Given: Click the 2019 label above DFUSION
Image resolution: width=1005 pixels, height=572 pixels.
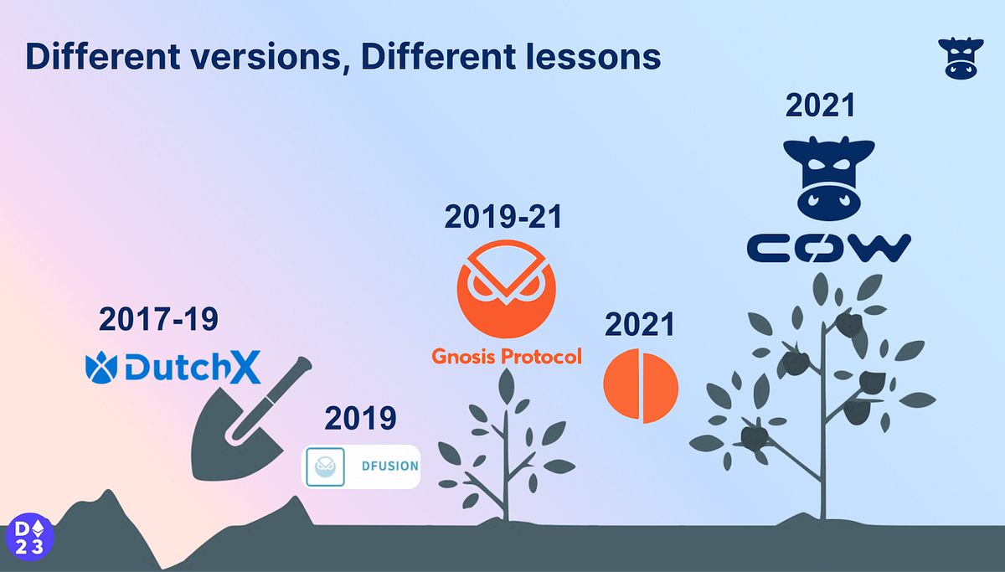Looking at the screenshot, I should [360, 418].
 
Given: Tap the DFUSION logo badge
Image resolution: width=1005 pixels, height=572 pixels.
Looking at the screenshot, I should [361, 466].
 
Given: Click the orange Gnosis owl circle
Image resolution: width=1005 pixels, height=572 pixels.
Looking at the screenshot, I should [506, 290].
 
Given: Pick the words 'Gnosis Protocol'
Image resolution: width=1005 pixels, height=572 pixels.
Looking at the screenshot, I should [506, 356].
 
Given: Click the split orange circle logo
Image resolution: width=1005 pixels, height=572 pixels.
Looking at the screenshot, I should [641, 386].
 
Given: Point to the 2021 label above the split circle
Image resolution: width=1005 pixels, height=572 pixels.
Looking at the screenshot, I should [640, 326].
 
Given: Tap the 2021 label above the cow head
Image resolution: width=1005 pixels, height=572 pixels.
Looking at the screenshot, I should [820, 106].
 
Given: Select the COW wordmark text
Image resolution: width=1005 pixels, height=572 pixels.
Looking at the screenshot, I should [827, 247].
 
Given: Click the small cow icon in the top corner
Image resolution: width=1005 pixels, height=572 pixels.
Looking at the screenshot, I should [959, 58].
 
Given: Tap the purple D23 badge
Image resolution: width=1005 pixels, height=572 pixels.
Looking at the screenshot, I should [29, 536].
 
